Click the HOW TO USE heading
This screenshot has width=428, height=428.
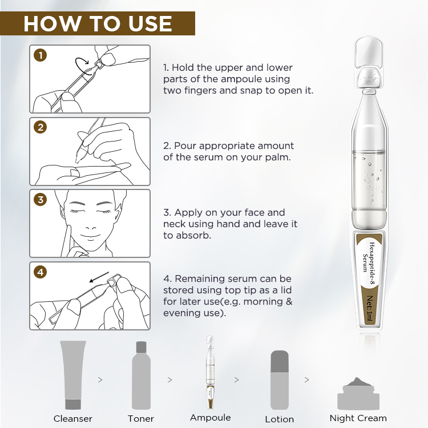pos(98,23)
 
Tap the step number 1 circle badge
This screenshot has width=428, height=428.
pos(40,55)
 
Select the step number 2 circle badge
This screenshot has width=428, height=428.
pos(40,127)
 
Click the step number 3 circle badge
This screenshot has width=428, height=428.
pos(40,200)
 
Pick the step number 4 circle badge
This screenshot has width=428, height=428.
pos(40,272)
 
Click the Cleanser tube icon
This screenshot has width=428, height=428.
pos(72,375)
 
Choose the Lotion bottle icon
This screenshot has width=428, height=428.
pos(279,378)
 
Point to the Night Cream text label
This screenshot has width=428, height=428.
pos(358,418)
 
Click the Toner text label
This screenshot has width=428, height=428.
pos(141,419)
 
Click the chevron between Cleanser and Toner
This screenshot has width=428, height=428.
pos(101,379)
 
